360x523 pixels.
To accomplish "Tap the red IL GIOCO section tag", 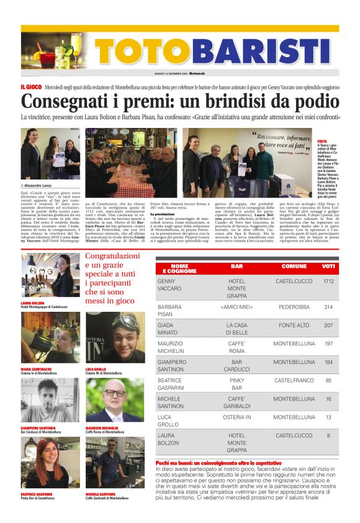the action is coord(31,88).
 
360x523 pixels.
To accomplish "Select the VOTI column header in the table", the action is coord(329,268).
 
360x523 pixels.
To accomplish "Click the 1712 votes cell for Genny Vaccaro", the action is coord(328,281).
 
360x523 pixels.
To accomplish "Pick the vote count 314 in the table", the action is coord(328,307).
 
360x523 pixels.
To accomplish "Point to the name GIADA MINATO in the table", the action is coord(170,329).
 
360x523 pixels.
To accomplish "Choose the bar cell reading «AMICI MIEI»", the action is coord(236,307).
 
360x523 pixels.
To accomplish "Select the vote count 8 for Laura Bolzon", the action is coord(328,435).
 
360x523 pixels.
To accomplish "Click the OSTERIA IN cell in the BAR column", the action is coord(236,417).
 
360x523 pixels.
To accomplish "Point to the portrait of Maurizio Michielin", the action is coord(115,401).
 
